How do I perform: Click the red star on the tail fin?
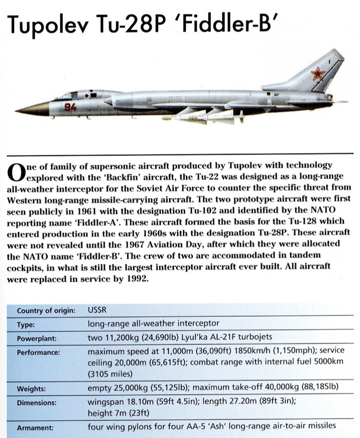pos(317,75)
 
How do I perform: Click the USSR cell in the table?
pos(97,310)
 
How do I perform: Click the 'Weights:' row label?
pos(32,389)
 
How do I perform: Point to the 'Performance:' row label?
pos(38,352)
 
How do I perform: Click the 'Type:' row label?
pos(25,324)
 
